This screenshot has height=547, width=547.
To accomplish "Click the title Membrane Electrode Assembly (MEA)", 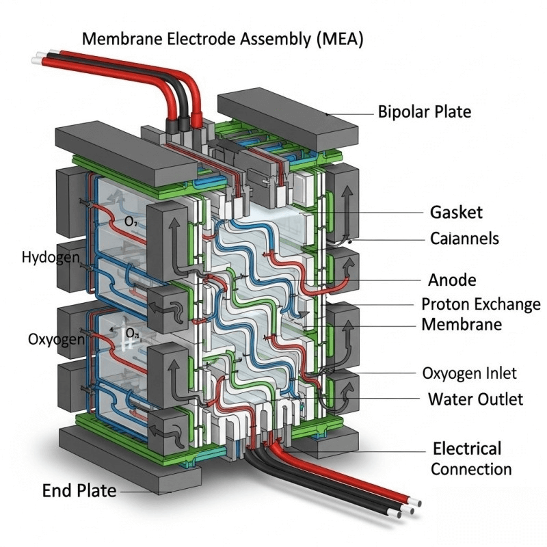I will point(222,39).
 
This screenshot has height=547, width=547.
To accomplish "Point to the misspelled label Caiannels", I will point(464,239).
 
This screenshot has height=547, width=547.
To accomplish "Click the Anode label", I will point(452,280).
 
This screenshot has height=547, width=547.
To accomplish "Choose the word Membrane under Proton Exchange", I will point(462,324).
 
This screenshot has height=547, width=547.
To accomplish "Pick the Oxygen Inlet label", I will point(469,373).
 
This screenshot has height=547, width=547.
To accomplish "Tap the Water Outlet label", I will point(475,399).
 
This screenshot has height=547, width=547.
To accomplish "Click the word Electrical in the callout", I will point(467,449).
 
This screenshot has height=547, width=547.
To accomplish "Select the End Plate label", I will point(79,490).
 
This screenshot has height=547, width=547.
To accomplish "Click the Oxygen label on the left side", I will point(56,339).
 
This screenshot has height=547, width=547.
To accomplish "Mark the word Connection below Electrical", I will point(471,469).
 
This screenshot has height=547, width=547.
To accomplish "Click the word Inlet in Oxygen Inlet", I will point(499,373).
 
